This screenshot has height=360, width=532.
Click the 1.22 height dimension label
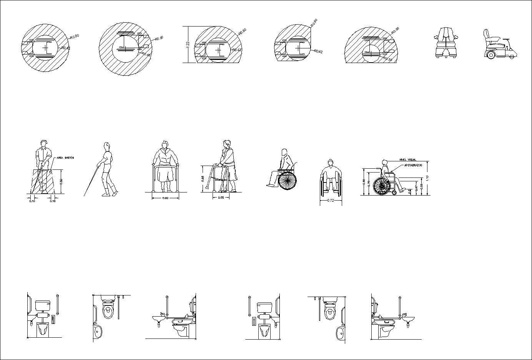point(188,44)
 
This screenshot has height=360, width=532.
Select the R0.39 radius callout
point(387,60)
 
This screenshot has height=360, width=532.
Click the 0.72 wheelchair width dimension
point(330,201)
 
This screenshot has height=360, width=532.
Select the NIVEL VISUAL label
point(408,159)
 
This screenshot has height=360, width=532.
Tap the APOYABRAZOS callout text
point(413,165)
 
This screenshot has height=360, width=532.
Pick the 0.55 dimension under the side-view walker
point(221,197)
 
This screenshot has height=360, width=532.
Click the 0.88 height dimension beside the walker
point(203,179)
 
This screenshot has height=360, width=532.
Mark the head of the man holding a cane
point(45,143)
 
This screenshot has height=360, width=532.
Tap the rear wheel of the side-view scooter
point(490,55)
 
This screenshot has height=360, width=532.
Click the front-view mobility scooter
point(446,42)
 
